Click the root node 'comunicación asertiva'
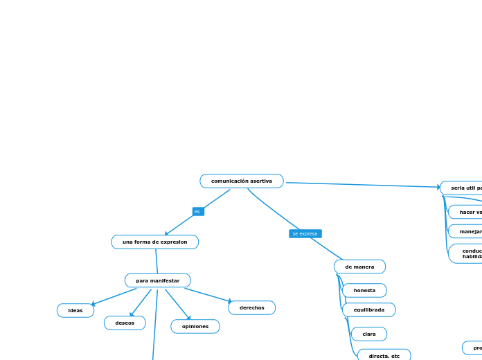(242, 181)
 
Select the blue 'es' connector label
(198, 212)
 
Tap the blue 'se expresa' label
(305, 234)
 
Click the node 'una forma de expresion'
(154, 242)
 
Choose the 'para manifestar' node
(157, 280)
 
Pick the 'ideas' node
(75, 310)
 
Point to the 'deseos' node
(125, 323)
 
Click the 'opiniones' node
(195, 326)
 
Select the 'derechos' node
(251, 307)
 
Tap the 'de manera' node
(359, 267)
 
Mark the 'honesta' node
(364, 290)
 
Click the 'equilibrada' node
(368, 309)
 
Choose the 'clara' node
(369, 334)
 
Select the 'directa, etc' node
(384, 356)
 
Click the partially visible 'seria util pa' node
(463, 188)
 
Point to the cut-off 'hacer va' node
(467, 212)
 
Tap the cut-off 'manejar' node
(467, 231)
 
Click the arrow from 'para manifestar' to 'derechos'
(208, 295)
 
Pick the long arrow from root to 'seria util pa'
(360, 185)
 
